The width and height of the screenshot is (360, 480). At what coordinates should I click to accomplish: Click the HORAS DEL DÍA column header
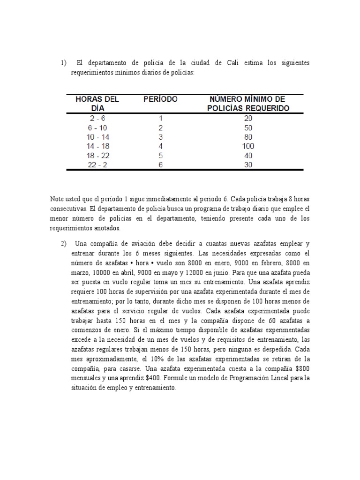[97, 104]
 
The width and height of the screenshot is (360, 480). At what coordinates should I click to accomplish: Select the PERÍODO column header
[160, 99]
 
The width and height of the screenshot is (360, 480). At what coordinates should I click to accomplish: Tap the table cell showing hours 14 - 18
[97, 146]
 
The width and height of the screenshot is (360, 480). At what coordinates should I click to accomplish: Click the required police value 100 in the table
[248, 146]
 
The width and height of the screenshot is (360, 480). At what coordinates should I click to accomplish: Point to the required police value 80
[248, 137]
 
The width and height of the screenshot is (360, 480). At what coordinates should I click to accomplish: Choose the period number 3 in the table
[160, 137]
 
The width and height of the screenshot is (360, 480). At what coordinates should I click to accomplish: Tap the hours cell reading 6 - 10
[97, 128]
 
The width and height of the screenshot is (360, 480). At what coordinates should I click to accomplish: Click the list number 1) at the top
[63, 63]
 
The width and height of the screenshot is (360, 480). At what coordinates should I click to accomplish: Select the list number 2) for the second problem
[63, 244]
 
